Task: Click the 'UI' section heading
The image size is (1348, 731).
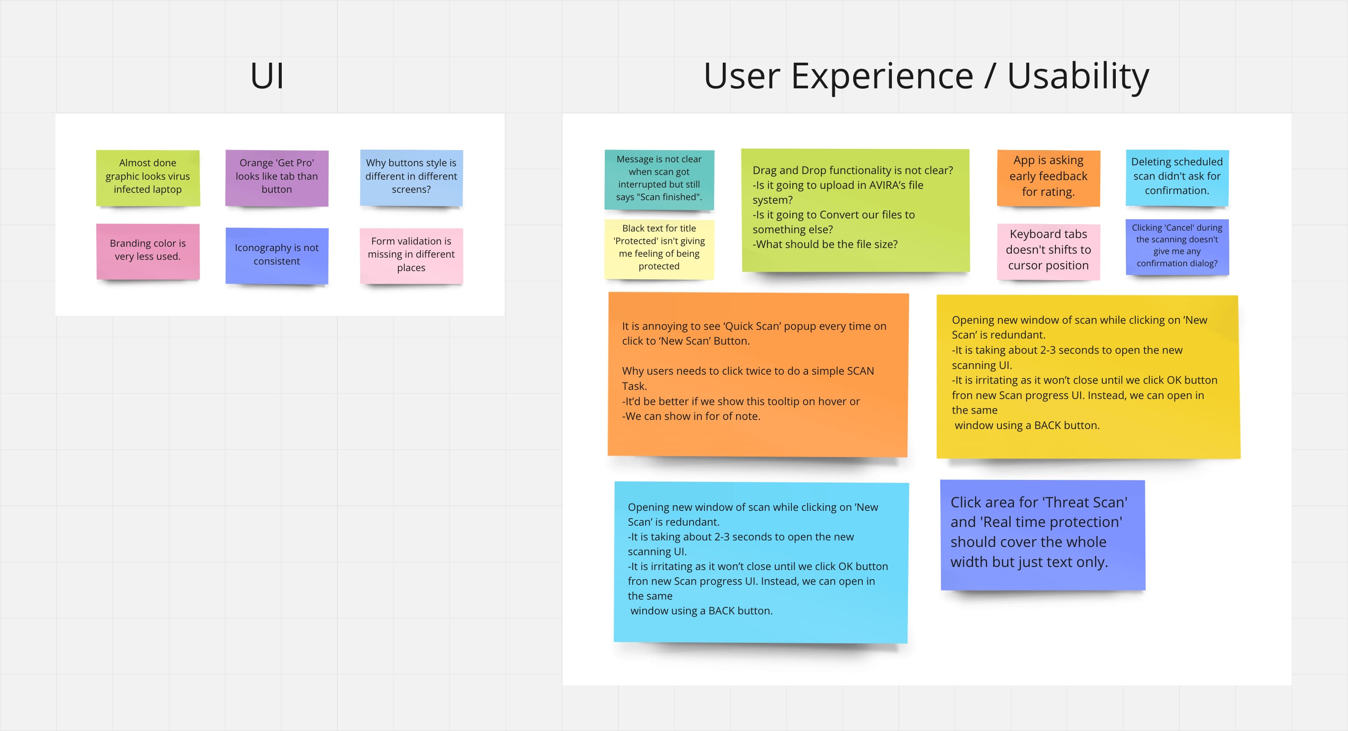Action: (267, 76)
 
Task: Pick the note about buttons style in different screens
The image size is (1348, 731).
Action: (411, 178)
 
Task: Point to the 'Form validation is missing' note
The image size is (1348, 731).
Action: (411, 256)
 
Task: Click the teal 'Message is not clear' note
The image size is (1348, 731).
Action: (659, 180)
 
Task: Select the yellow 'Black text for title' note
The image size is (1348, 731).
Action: (659, 249)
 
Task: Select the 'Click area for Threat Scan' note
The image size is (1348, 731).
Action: (1043, 535)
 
